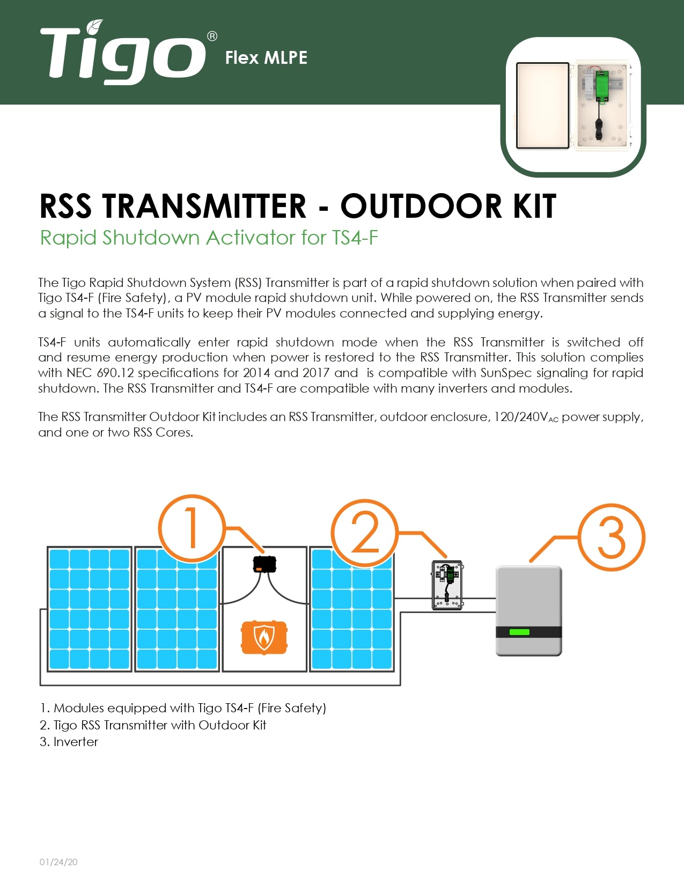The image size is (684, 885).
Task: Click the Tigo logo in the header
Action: click(122, 53)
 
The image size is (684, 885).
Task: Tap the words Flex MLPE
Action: click(266, 58)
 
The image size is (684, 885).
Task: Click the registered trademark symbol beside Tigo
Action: click(212, 36)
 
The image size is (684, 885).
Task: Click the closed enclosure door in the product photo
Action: click(542, 106)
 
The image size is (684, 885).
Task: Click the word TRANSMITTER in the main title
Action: click(204, 206)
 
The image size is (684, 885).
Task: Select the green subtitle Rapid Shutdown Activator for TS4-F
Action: click(209, 238)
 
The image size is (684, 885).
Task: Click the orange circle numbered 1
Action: click(192, 528)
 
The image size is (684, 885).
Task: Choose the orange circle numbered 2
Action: click(365, 533)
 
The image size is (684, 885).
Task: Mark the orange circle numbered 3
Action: click(611, 537)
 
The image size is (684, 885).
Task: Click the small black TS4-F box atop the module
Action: click(264, 564)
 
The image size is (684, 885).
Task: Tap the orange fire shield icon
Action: click(264, 637)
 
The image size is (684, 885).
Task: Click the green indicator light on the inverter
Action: click(519, 632)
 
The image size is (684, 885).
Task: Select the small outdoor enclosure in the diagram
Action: click(447, 585)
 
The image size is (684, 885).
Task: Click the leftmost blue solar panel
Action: click(89, 609)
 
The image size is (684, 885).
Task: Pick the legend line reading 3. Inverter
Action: click(69, 742)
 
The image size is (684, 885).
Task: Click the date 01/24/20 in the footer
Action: click(58, 862)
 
